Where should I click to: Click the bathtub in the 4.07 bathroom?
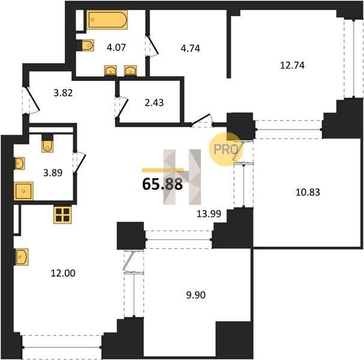pyautogui.click(x=107, y=20)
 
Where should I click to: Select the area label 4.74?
pyautogui.click(x=190, y=49)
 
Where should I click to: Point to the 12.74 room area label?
pyautogui.click(x=292, y=65)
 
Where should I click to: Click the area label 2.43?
pyautogui.click(x=154, y=103)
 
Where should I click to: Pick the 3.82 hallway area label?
pyautogui.click(x=63, y=93)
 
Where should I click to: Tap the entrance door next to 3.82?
pyautogui.click(x=31, y=100)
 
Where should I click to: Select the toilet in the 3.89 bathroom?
pyautogui.click(x=47, y=143)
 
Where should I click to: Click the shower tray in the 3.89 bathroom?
pyautogui.click(x=23, y=191)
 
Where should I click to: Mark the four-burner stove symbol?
pyautogui.click(x=63, y=215)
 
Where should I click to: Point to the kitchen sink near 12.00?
pyautogui.click(x=22, y=257)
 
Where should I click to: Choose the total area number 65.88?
pyautogui.click(x=163, y=184)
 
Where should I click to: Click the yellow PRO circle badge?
pyautogui.click(x=225, y=149)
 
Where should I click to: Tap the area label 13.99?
pyautogui.click(x=209, y=214)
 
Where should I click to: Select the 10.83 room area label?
pyautogui.click(x=308, y=193)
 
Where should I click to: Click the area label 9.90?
pyautogui.click(x=196, y=295)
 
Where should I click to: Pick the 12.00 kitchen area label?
pyautogui.click(x=63, y=273)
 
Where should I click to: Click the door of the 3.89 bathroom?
pyautogui.click(x=79, y=162)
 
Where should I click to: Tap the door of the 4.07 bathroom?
pyautogui.click(x=152, y=46)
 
